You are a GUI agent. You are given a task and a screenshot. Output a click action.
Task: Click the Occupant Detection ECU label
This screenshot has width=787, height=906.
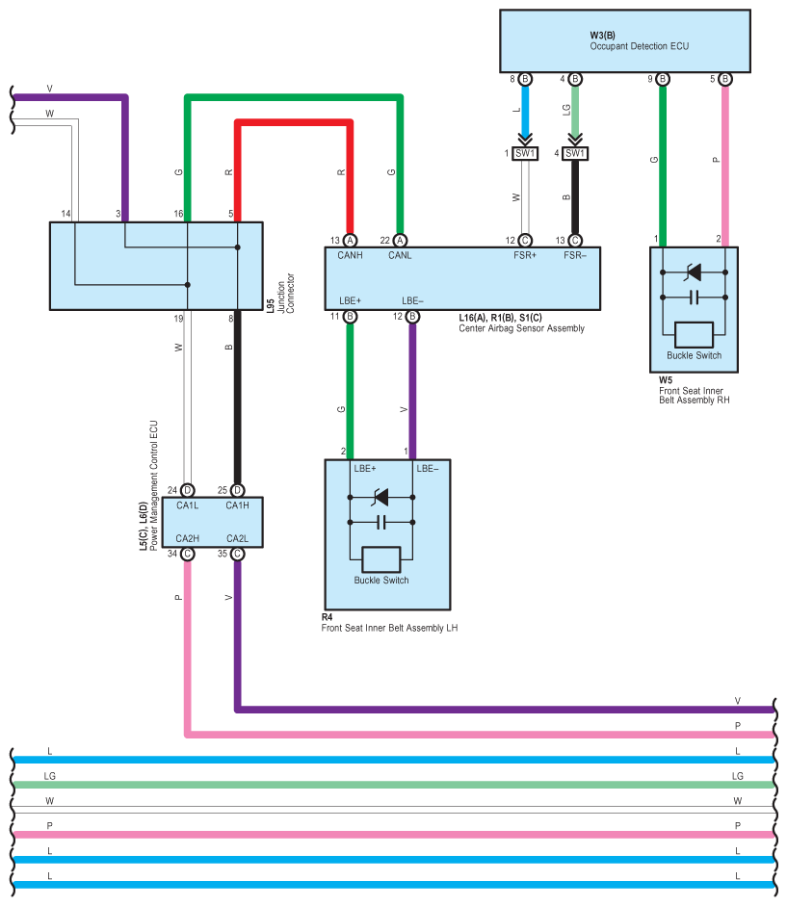tap(639, 46)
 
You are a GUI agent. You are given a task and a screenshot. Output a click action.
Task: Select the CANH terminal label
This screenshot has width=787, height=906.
tap(350, 255)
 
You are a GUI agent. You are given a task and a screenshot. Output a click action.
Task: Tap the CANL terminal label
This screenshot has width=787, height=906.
tap(400, 255)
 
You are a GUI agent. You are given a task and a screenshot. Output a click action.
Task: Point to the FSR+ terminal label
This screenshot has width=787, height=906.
tap(524, 255)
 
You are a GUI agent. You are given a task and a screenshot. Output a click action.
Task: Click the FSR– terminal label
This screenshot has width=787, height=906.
tap(575, 255)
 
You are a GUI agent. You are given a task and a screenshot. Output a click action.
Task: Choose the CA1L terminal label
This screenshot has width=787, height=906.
tap(187, 505)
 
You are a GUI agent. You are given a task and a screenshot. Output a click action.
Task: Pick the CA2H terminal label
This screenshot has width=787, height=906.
tap(187, 538)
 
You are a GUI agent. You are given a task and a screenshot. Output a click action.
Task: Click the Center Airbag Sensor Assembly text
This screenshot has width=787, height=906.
tap(521, 328)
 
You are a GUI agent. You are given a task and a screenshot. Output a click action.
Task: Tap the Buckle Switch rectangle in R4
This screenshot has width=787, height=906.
tap(381, 559)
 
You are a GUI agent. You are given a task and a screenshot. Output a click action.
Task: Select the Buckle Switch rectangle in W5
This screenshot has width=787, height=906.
tap(694, 334)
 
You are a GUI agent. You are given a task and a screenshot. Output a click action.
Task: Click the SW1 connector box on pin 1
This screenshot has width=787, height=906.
tap(525, 154)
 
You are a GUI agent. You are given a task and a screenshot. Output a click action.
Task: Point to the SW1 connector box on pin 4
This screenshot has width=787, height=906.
tap(575, 154)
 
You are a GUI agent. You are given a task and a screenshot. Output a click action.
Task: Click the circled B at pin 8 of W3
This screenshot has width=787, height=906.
tap(525, 79)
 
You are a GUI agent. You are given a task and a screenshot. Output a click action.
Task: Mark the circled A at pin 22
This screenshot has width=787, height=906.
tap(400, 241)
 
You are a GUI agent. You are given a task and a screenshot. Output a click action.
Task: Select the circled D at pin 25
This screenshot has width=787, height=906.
tap(237, 491)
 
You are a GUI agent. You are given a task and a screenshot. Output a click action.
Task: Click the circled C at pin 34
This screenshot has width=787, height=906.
tap(187, 555)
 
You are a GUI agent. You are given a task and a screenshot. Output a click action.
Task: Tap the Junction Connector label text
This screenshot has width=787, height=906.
tap(286, 294)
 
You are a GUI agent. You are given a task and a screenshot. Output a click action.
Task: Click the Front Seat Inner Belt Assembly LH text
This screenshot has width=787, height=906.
tap(389, 628)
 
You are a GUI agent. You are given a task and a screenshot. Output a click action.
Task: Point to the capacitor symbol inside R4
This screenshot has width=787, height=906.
tap(381, 523)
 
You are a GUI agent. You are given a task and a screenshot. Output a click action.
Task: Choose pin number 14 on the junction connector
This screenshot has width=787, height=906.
tap(66, 214)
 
